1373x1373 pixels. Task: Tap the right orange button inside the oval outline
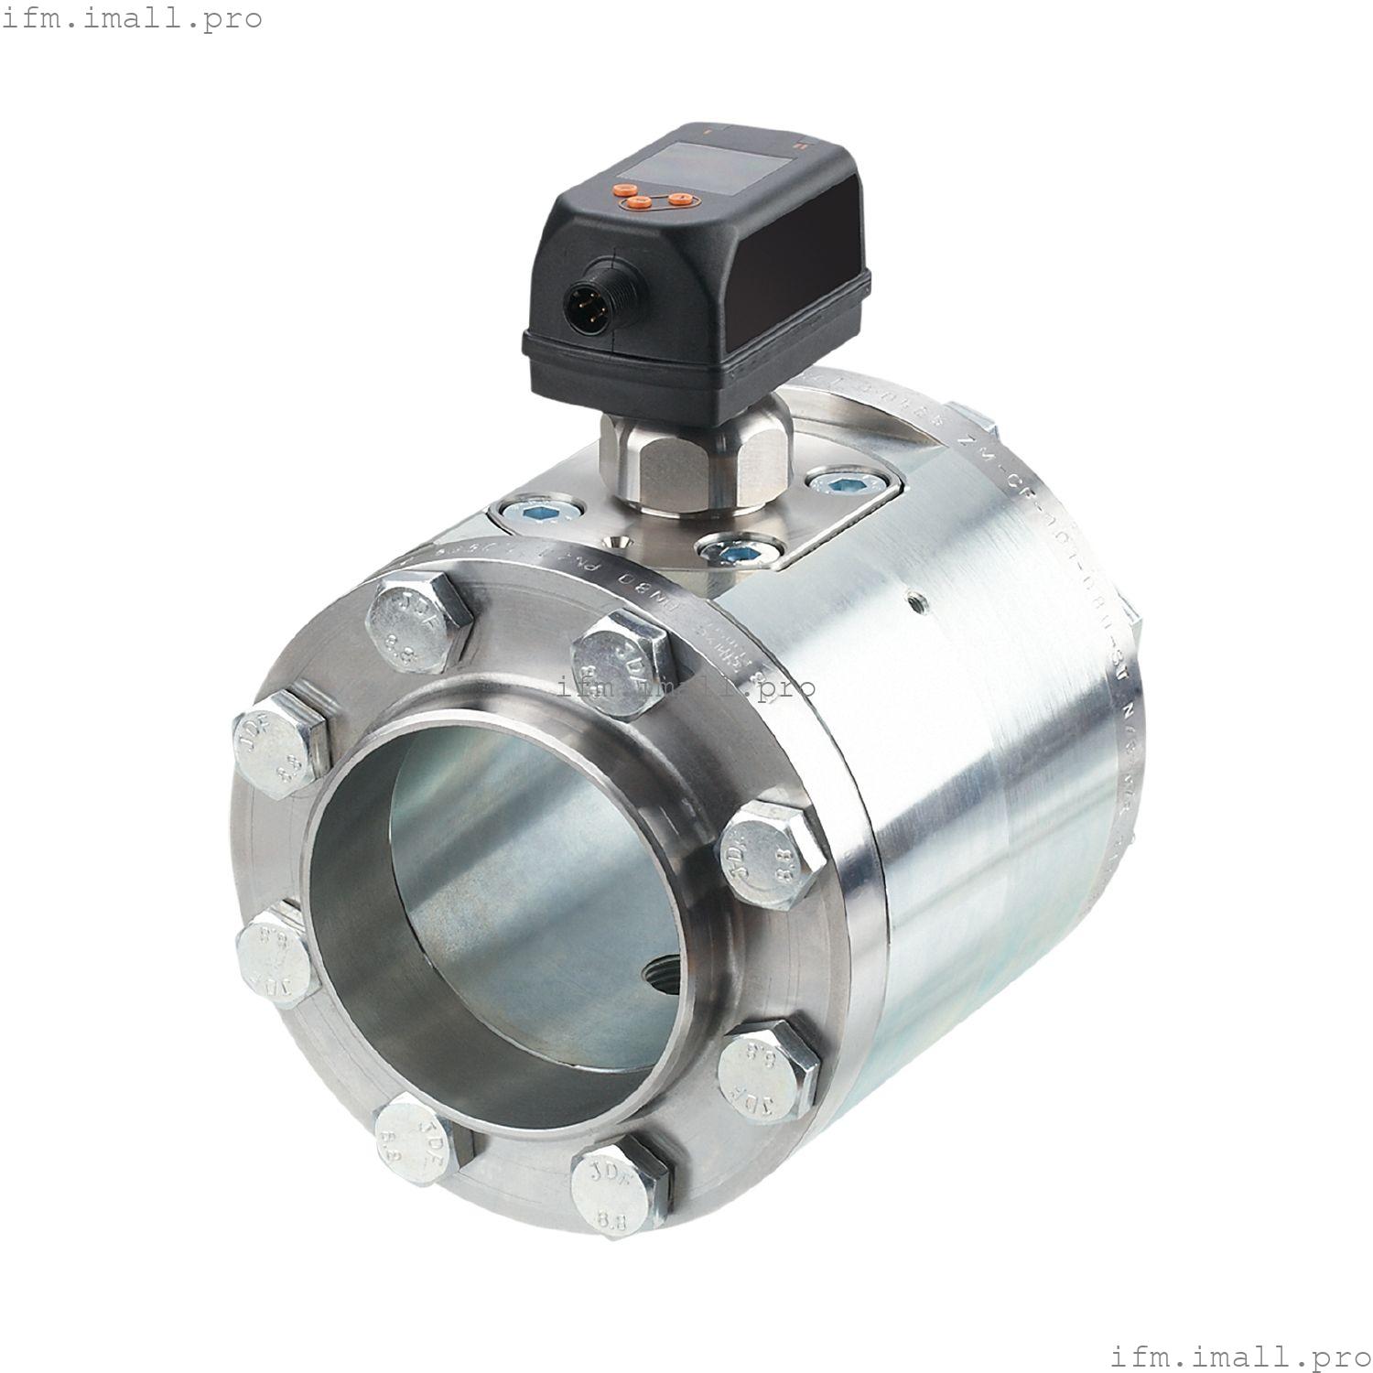[678, 199]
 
